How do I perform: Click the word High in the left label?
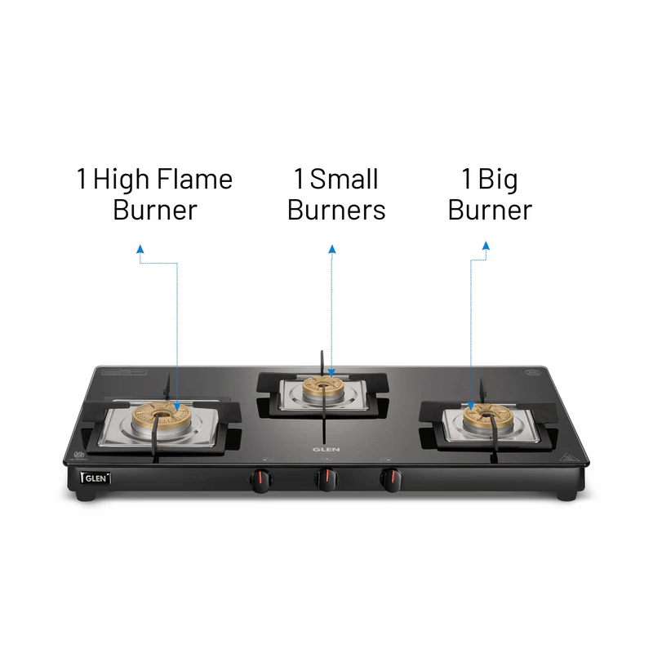(x=121, y=180)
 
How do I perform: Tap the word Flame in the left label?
(x=195, y=179)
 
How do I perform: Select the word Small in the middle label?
(x=344, y=179)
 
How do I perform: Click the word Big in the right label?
(x=498, y=180)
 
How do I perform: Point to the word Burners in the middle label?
(x=336, y=210)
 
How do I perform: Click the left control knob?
(x=260, y=480)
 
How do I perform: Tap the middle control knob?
(x=326, y=479)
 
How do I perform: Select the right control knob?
(x=391, y=480)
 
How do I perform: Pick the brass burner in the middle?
(x=322, y=387)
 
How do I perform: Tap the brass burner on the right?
(x=487, y=415)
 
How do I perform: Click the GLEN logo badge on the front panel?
(x=96, y=478)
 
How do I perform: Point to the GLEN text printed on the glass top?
(x=326, y=450)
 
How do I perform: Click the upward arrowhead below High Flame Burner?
(x=140, y=249)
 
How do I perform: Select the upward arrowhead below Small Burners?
(x=332, y=249)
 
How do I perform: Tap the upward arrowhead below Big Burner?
(x=486, y=246)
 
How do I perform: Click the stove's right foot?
(x=567, y=495)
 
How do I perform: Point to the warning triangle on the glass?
(x=566, y=458)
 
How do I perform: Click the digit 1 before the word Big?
(x=467, y=179)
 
